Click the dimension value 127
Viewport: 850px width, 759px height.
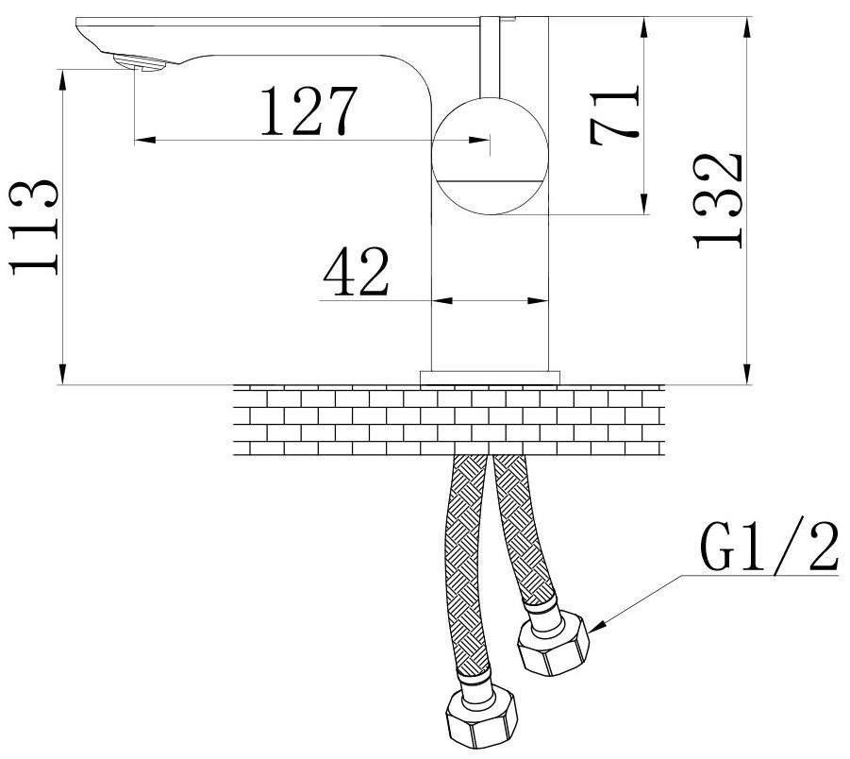309,110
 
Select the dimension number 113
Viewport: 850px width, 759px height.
33,227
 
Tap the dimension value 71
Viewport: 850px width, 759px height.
615,115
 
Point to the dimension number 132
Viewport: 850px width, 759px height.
718,201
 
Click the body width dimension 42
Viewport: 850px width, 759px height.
357,271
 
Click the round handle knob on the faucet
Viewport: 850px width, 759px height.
490,157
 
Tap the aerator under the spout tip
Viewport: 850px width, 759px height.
140,62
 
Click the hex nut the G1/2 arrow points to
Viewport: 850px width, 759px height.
553,642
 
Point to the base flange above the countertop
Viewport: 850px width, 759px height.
490,379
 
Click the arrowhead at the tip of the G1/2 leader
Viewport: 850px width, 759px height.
594,627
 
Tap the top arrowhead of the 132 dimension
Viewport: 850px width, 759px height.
747,27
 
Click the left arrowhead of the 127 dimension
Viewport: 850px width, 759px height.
144,140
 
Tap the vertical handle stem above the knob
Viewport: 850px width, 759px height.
491,57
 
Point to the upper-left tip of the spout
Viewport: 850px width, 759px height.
76,19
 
